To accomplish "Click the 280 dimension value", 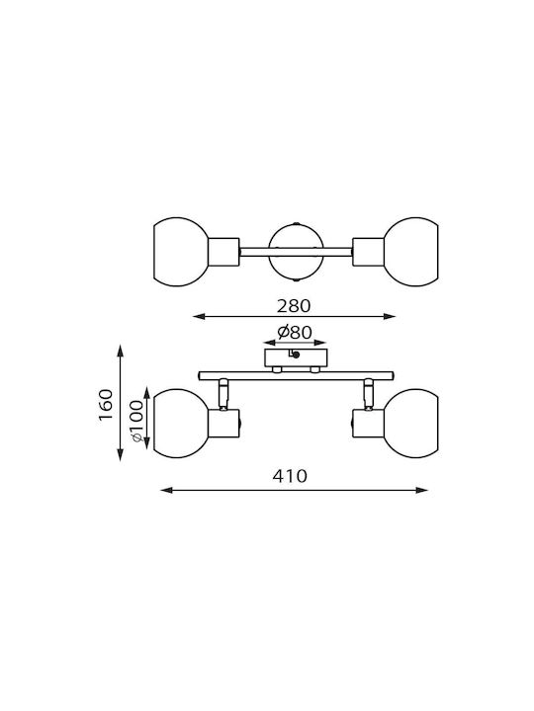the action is [294, 306].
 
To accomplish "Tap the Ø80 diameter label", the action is [295, 333].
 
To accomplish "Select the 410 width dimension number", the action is [290, 476].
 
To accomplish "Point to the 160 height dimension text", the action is [106, 405].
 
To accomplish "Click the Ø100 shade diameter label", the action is [135, 422].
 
